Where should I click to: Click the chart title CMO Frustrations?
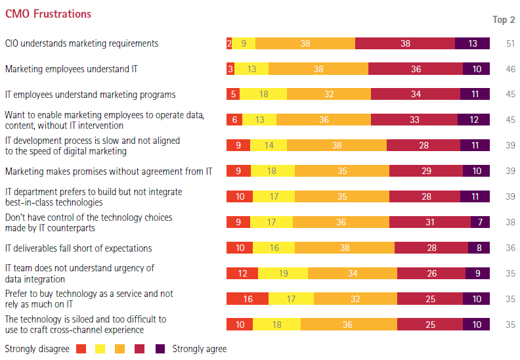[48, 14]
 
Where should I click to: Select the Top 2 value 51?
[510, 43]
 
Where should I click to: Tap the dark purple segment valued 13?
[473, 43]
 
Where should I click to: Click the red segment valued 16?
[248, 299]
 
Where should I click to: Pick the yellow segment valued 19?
[283, 273]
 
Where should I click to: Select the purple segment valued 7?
[480, 222]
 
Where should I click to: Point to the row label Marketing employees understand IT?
[71, 68]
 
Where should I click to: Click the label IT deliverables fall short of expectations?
[78, 248]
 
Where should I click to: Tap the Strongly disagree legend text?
[37, 349]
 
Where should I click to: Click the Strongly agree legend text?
[200, 349]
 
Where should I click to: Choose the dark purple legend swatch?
[160, 349]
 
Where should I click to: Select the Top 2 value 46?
[510, 69]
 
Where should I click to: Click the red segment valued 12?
[242, 273]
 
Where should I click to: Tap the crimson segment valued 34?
[416, 94]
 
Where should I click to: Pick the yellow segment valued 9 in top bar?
[244, 43]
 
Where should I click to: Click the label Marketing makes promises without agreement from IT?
[108, 171]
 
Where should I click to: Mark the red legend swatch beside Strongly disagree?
[81, 349]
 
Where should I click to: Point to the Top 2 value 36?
[510, 248]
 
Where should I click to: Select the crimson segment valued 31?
[430, 222]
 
